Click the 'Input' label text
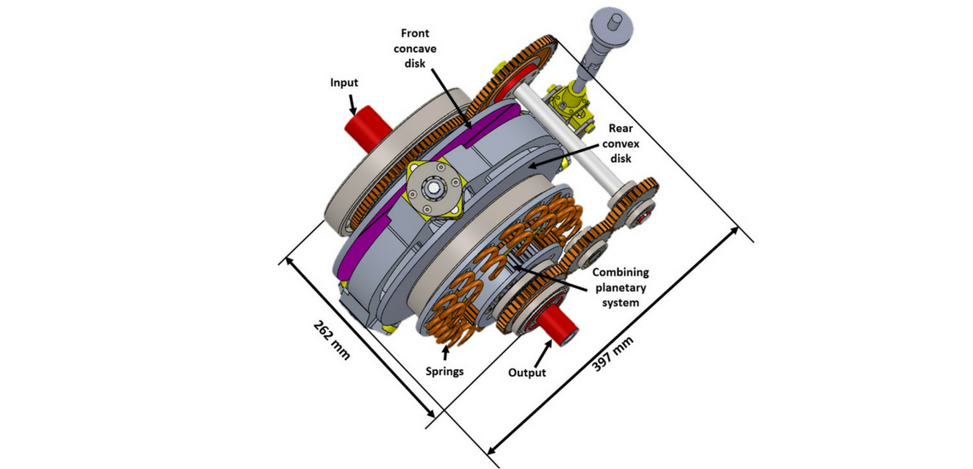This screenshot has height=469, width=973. tap(344, 83)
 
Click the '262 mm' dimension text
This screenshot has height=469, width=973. tap(332, 340)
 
